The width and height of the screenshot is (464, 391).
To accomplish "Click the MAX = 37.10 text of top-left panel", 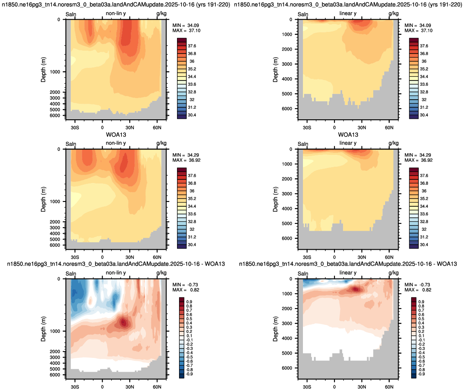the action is (186, 31).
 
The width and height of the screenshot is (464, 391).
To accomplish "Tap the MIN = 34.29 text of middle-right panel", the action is (419, 155).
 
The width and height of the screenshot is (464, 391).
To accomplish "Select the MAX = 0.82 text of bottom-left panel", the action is (186, 290).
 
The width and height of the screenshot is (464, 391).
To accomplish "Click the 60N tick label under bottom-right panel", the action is (389, 387).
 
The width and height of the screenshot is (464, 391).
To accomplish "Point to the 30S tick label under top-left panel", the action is (75, 127).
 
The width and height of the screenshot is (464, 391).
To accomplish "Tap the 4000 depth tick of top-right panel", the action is (287, 79).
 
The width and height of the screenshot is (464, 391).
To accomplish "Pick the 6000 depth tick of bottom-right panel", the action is (287, 368).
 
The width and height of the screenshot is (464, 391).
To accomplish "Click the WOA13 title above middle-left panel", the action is (116, 134).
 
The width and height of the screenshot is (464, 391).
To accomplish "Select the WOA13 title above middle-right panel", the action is (348, 134).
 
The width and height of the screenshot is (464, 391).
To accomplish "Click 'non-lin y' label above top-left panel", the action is (116, 13).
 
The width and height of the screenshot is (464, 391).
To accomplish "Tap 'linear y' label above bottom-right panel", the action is (348, 273).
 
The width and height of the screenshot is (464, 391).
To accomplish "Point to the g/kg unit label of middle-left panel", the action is (161, 143).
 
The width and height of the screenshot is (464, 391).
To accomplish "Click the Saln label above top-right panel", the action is (303, 14).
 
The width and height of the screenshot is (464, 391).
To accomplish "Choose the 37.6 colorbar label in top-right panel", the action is (424, 46).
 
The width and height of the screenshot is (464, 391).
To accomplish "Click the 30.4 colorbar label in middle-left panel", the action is (192, 245).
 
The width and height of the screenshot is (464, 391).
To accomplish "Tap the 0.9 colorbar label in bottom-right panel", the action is (421, 302).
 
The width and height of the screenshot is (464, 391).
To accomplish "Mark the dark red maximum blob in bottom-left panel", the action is (124, 322).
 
